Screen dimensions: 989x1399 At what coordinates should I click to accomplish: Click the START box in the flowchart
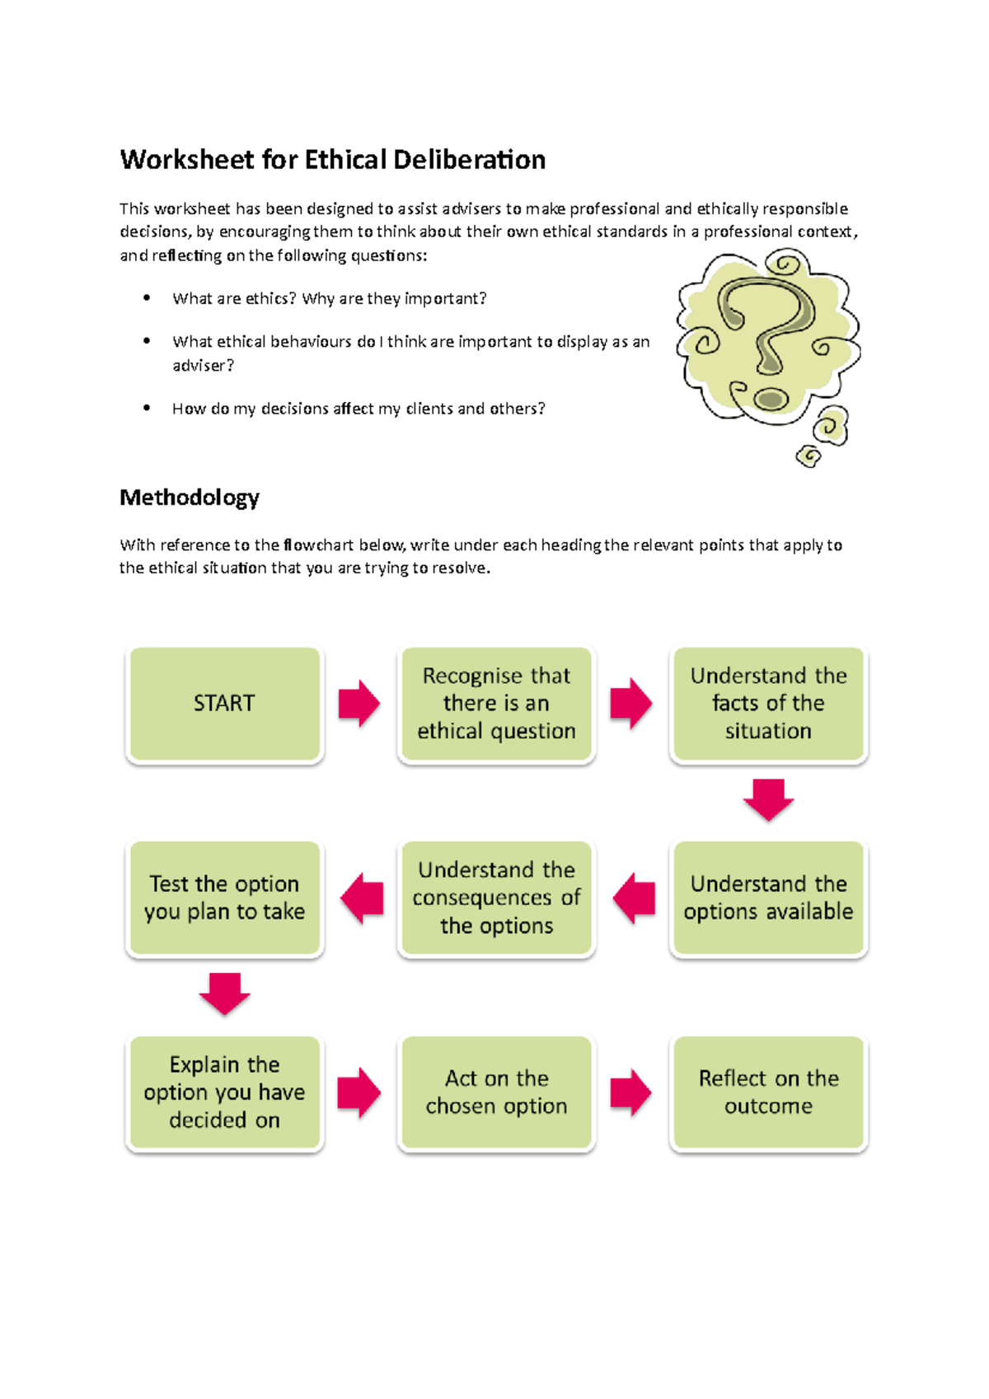point(224,704)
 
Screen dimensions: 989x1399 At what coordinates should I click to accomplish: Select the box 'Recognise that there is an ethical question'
point(496,704)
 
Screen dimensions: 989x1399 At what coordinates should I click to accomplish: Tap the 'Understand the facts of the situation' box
point(768,704)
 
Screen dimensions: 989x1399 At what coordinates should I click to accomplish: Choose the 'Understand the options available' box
point(768,898)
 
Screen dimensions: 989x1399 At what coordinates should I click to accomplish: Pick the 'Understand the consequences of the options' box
point(496,898)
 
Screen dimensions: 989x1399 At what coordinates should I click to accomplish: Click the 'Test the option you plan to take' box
point(224,898)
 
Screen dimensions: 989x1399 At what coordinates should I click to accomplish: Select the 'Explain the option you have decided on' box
point(224,1093)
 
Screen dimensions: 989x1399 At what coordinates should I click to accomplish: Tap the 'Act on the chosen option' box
point(496,1093)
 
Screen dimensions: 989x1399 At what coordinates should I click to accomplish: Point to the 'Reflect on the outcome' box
point(768,1093)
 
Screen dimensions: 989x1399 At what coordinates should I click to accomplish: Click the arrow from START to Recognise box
point(359,704)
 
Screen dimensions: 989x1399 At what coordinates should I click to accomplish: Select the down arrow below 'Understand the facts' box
point(768,799)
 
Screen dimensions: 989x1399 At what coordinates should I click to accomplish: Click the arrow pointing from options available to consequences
point(634,898)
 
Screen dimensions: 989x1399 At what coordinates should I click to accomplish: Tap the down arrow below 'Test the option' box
point(224,994)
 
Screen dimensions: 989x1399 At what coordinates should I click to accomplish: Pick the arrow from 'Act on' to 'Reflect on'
point(631,1093)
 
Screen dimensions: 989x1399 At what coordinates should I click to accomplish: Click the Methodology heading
point(190,498)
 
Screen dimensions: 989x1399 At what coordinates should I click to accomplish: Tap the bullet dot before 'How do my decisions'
point(147,407)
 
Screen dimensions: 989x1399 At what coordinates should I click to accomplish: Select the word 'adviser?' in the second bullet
point(203,366)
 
